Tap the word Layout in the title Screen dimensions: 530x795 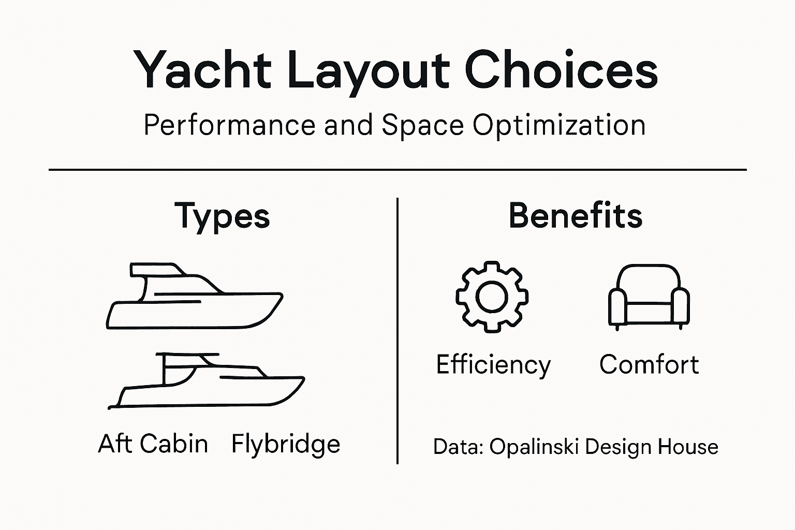[367, 70]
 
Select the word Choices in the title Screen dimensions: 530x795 [561, 70]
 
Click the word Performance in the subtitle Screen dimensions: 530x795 [229, 125]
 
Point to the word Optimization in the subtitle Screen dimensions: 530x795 [559, 125]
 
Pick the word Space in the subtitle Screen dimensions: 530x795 [422, 125]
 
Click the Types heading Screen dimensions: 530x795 [222, 216]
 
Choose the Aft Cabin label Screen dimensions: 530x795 [153, 444]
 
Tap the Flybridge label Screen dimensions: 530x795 [286, 444]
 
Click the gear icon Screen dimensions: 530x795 [492, 297]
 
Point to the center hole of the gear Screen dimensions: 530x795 [492, 297]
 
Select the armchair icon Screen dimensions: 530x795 [649, 297]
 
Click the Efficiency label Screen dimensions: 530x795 [493, 365]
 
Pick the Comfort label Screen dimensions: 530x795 [649, 364]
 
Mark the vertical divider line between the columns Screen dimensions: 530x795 [397, 331]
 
